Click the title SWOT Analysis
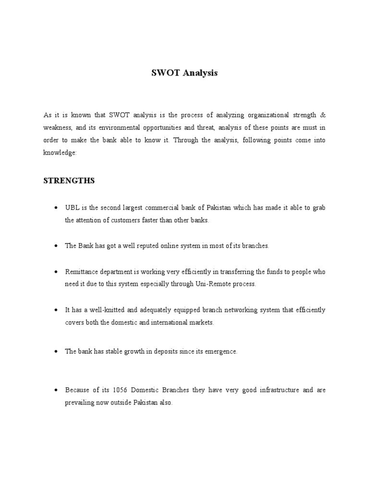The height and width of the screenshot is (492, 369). coord(184,73)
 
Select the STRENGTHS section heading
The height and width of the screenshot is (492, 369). coord(69,181)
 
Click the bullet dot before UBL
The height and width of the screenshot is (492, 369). coord(56,208)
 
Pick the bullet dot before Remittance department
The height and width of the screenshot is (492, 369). coord(56,272)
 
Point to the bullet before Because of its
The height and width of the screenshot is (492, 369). coord(56,390)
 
